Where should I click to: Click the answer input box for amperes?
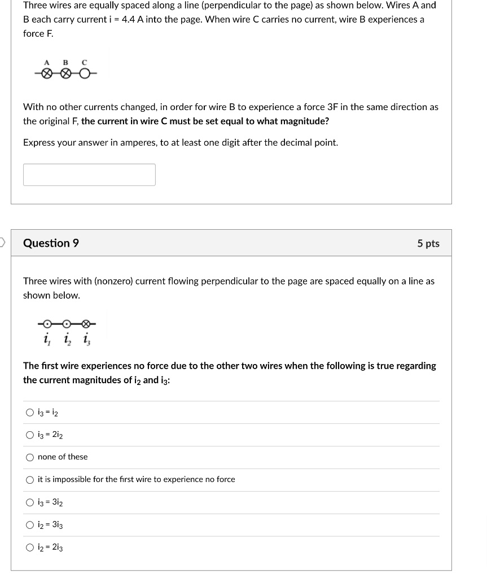point(89,174)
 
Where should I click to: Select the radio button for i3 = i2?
point(30,413)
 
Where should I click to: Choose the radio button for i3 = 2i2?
point(30,435)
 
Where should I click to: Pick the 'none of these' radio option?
point(30,457)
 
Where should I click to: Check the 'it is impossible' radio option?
point(30,480)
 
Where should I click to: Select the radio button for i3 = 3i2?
point(30,502)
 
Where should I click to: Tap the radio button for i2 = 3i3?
point(30,525)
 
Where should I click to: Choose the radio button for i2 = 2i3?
point(30,548)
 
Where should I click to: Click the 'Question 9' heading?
point(51,243)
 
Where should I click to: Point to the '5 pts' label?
point(428,244)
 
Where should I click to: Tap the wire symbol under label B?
point(65,73)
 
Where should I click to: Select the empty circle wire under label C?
point(84,73)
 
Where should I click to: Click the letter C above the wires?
point(84,62)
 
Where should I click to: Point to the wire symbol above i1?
point(48,324)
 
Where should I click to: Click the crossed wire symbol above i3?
point(86,324)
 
